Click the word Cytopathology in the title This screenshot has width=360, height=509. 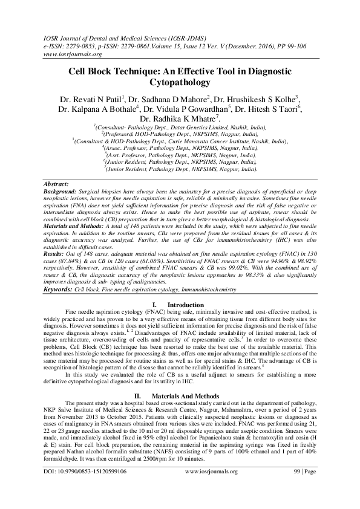tap(180, 82)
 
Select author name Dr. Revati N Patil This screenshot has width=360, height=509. tap(90, 99)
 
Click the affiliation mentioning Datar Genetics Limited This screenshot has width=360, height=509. tap(180, 128)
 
